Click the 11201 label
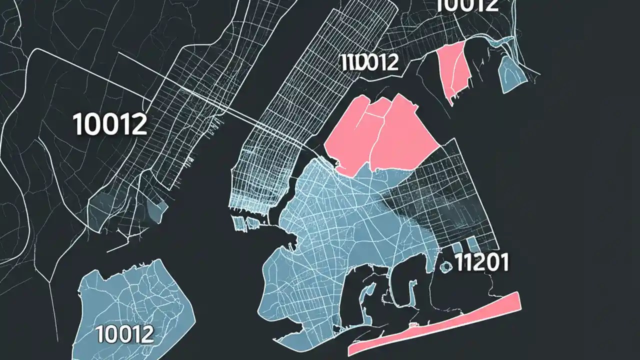pos(481,262)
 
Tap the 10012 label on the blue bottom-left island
pos(124,334)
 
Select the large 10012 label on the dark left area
pos(110,124)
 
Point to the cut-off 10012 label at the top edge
pos(467,5)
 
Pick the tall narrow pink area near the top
pos(452,70)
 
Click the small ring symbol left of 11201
pos(444,266)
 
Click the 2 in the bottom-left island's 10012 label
pos(145,334)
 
